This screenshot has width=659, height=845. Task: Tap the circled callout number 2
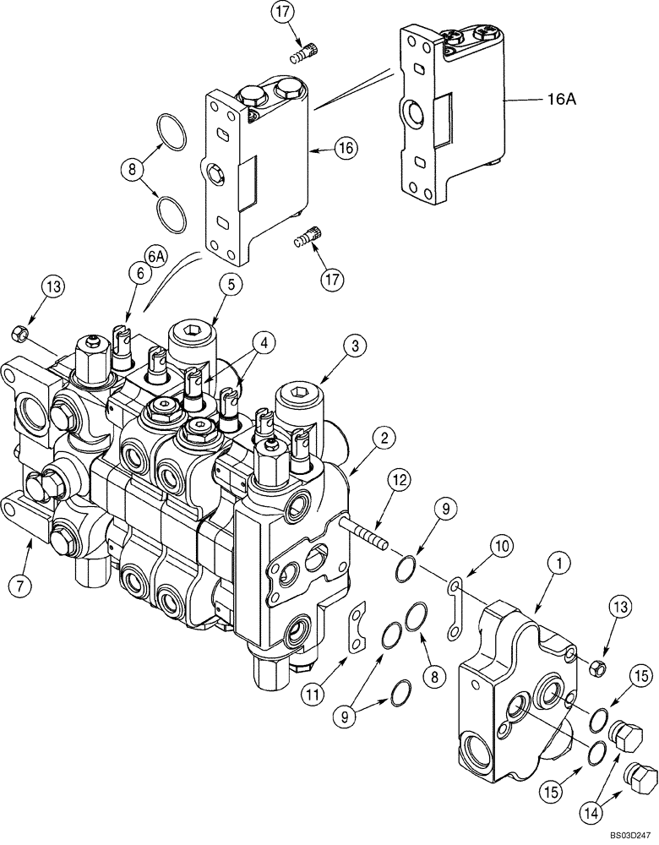click(x=384, y=437)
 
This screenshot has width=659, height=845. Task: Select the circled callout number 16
click(x=342, y=147)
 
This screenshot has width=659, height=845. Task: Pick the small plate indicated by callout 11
click(x=358, y=626)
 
